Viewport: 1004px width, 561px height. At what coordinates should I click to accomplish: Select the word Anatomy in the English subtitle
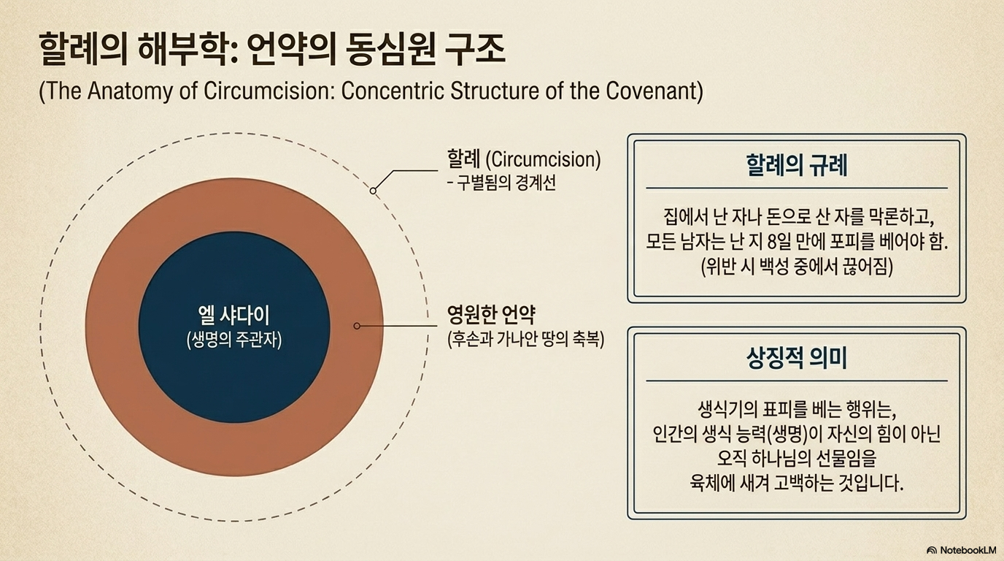pyautogui.click(x=130, y=91)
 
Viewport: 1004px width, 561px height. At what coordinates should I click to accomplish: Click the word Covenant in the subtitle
pyautogui.click(x=654, y=91)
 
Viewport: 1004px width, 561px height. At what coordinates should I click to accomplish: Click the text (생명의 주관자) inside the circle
pyautogui.click(x=234, y=340)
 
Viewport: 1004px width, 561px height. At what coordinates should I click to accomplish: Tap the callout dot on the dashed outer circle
pyautogui.click(x=373, y=191)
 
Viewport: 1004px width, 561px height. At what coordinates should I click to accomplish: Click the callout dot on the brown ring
pyautogui.click(x=357, y=326)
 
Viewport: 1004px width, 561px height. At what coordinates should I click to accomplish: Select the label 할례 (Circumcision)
pyautogui.click(x=523, y=159)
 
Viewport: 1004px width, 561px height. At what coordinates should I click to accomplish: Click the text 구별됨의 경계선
pyautogui.click(x=506, y=183)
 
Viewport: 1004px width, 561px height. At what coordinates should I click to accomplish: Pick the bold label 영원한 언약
pyautogui.click(x=491, y=315)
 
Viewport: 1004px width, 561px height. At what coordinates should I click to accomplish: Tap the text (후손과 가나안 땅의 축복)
pyautogui.click(x=526, y=339)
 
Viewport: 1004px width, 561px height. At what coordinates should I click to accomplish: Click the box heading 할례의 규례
pyautogui.click(x=797, y=165)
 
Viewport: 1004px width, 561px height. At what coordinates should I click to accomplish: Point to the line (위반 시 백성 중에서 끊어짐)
pyautogui.click(x=797, y=267)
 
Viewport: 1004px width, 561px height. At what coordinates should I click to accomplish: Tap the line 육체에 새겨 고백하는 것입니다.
pyautogui.click(x=797, y=484)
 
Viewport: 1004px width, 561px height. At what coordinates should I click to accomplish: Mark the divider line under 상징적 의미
pyautogui.click(x=797, y=381)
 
